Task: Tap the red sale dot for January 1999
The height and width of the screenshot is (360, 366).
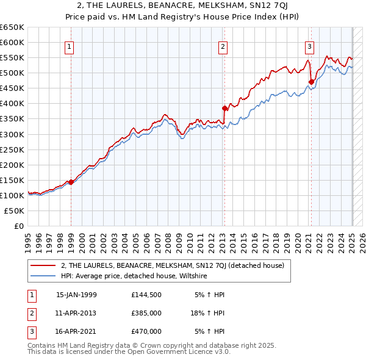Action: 71,182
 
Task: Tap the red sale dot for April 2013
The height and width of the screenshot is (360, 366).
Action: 224,109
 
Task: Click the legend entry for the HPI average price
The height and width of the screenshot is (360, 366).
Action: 134,276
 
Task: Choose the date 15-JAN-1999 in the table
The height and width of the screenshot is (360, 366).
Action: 76,295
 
